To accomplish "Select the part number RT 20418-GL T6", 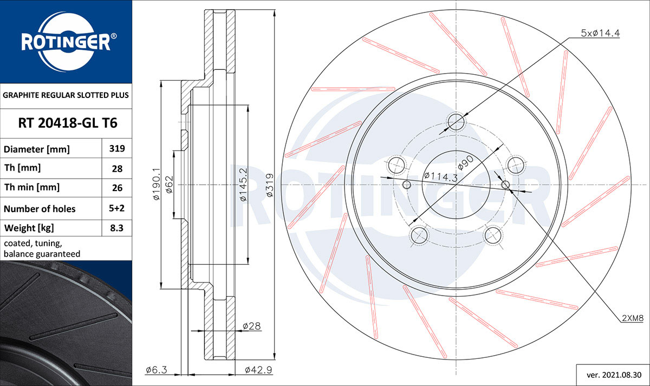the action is (x=68, y=123).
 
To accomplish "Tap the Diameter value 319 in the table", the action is (x=117, y=148).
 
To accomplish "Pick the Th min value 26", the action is (x=117, y=188).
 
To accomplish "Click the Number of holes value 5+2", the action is (x=116, y=208).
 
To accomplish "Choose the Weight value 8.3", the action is (x=116, y=228).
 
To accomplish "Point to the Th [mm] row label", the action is (x=22, y=168).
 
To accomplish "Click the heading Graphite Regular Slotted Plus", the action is (x=66, y=95).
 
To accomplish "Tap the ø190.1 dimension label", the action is (x=156, y=184).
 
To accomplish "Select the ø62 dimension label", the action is (x=169, y=185).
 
